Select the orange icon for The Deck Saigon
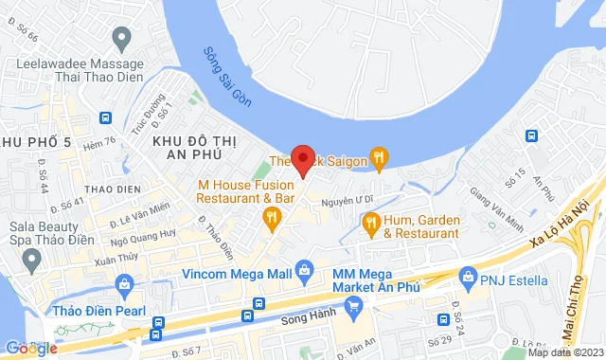pyautogui.click(x=379, y=157)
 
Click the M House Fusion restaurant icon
pyautogui.click(x=272, y=220)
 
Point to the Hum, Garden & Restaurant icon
pyautogui.click(x=370, y=224)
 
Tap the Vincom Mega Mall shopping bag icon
pyautogui.click(x=304, y=271)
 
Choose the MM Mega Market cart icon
pyautogui.click(x=354, y=305)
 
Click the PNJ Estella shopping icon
pyautogui.click(x=466, y=278)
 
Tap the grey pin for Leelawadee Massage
pyautogui.click(x=120, y=39)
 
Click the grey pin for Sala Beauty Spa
pyautogui.click(x=32, y=258)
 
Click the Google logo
pyautogui.click(x=31, y=349)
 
